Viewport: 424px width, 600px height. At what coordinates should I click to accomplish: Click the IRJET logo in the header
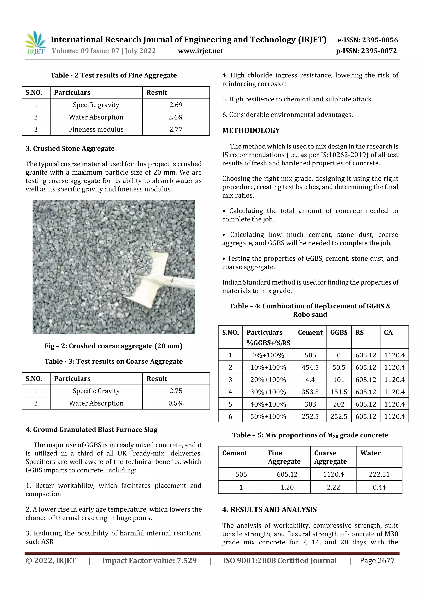tap(35, 43)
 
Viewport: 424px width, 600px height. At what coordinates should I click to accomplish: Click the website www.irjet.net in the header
tap(200, 51)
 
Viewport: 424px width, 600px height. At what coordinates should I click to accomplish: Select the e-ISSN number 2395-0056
tap(367, 40)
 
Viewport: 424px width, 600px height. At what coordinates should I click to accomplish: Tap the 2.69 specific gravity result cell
tap(176, 105)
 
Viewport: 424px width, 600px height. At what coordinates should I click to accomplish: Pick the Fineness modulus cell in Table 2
tap(96, 129)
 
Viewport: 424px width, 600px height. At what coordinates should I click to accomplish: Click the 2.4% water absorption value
tap(176, 117)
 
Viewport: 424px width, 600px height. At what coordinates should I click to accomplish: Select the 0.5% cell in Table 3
tap(176, 403)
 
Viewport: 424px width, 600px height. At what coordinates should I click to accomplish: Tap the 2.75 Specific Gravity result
tap(176, 391)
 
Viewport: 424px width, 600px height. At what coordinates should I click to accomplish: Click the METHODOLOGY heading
tap(251, 130)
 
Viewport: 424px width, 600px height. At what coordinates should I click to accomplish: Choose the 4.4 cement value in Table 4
tap(310, 380)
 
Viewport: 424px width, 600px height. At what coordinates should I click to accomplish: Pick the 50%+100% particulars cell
tap(268, 416)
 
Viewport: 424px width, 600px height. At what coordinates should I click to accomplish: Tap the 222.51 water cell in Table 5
tap(379, 474)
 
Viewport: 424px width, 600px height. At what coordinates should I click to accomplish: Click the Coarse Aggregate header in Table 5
tap(330, 457)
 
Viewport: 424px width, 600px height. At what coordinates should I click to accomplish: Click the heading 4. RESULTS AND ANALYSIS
tap(269, 509)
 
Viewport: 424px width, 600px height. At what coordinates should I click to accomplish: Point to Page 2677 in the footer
tap(377, 560)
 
